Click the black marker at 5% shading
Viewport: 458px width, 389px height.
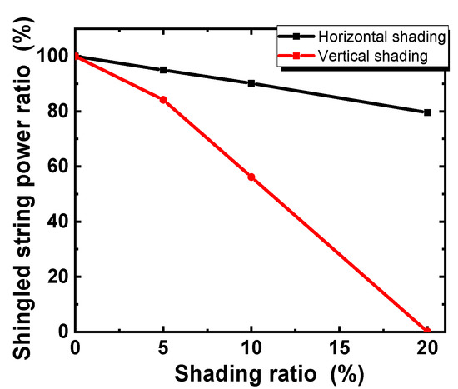coord(163,70)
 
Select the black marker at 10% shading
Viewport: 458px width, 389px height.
coord(251,83)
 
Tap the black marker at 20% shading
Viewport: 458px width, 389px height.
coord(427,112)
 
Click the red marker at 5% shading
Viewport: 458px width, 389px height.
coord(163,100)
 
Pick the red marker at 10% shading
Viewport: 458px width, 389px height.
coord(251,177)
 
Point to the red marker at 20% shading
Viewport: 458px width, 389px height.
coord(427,331)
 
